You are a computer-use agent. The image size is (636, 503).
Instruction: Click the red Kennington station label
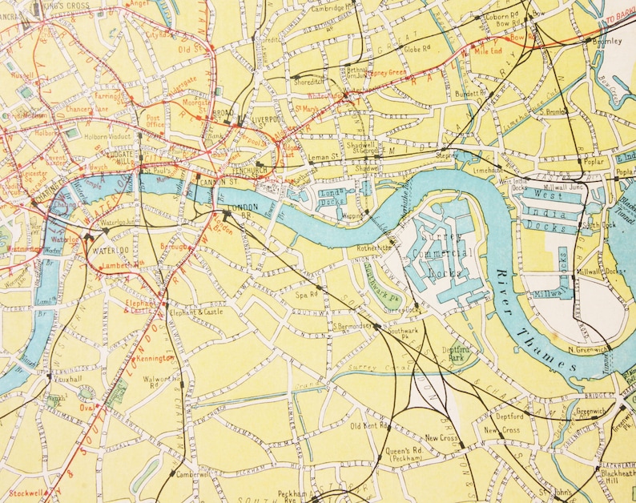tap(155, 357)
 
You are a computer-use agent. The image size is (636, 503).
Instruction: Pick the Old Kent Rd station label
tap(368, 426)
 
